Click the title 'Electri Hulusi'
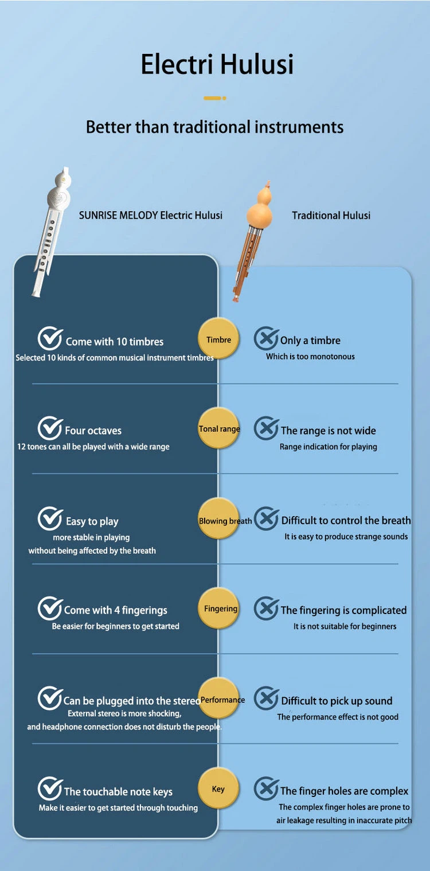point(217,64)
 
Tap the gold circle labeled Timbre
point(218,339)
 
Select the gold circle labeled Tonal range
point(219,428)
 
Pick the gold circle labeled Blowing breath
point(219,520)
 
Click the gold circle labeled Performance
point(219,700)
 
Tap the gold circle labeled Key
point(218,789)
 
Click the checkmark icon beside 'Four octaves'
point(50,428)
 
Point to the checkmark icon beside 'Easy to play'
point(50,519)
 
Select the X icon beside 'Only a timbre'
point(266,339)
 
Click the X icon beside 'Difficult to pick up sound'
point(266,698)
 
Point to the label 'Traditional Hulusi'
point(331,216)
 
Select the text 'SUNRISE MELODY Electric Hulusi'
point(151,216)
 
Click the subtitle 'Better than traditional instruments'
point(214,127)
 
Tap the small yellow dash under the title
point(214,98)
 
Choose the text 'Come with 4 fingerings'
point(116,610)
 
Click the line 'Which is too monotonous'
point(310,357)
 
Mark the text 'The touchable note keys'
point(118,791)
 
